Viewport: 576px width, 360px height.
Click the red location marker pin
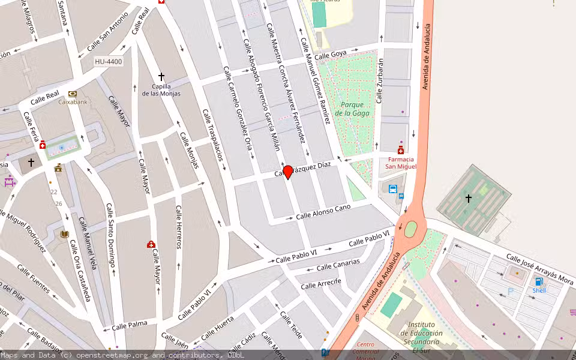pos(288,172)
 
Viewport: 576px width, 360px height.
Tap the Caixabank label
pos(73,102)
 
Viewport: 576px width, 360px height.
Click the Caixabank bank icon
pos(73,94)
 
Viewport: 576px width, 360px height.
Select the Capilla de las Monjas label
pos(161,89)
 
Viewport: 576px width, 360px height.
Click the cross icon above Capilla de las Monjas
pos(161,77)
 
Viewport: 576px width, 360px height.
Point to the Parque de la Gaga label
pos(352,109)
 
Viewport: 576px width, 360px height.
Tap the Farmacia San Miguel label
pos(400,163)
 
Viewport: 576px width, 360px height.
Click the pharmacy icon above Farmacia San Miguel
pos(400,150)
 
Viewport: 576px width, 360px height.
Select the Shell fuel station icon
pos(538,281)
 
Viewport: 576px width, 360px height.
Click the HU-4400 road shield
pos(109,62)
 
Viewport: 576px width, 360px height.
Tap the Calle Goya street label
pos(331,55)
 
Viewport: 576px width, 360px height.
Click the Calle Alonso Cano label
pos(323,211)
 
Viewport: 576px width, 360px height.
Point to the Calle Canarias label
pos(338,265)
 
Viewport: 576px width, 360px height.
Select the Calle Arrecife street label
pos(321,283)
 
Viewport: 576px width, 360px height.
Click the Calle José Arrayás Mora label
pos(539,268)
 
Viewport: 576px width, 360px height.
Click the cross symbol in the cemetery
pos(469,198)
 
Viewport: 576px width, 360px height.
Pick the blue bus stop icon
pos(393,189)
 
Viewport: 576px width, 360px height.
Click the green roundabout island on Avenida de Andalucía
pos(411,229)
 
